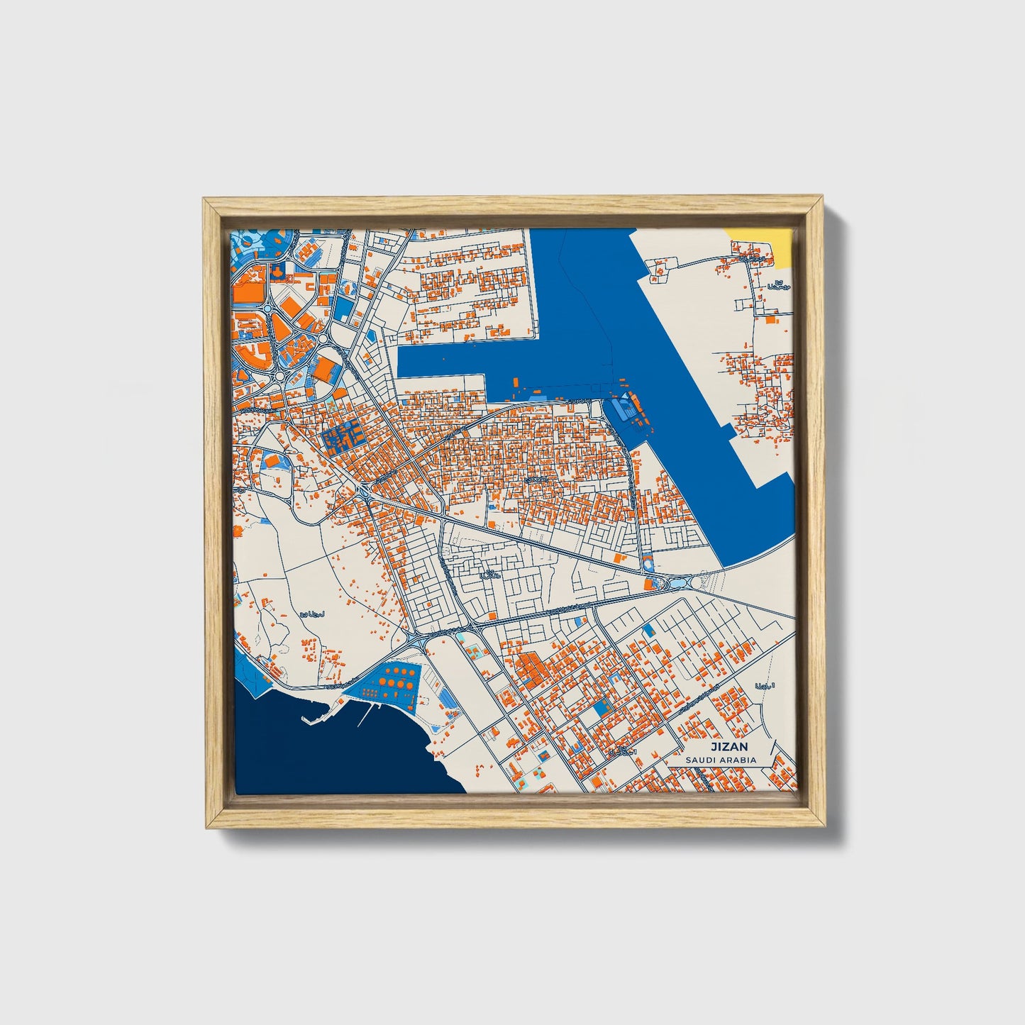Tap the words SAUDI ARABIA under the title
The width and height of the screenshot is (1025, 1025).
721,760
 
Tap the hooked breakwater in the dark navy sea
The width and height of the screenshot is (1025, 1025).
312,718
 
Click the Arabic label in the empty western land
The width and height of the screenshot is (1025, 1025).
311,614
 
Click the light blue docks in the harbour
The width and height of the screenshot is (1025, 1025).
621,407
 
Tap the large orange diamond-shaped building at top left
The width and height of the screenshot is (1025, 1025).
293,308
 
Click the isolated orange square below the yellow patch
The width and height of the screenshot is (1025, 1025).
770,321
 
